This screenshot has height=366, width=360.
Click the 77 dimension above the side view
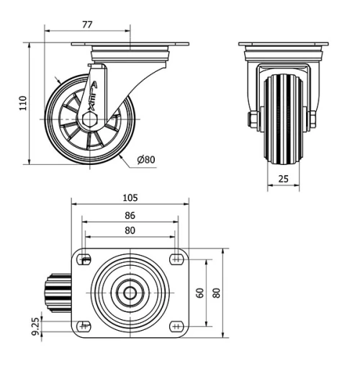click(87, 24)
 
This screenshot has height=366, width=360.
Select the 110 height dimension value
click(22, 103)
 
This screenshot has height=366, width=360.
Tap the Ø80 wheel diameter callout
click(146, 159)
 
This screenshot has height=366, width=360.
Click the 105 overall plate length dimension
click(130, 197)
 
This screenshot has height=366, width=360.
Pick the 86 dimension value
click(130, 215)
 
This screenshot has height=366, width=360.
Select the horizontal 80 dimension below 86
click(130, 231)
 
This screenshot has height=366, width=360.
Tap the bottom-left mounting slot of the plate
click(84, 326)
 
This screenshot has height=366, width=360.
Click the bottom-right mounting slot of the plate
click(176, 326)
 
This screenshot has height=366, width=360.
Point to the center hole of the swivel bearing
click(130, 293)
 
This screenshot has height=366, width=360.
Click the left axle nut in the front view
click(253, 119)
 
